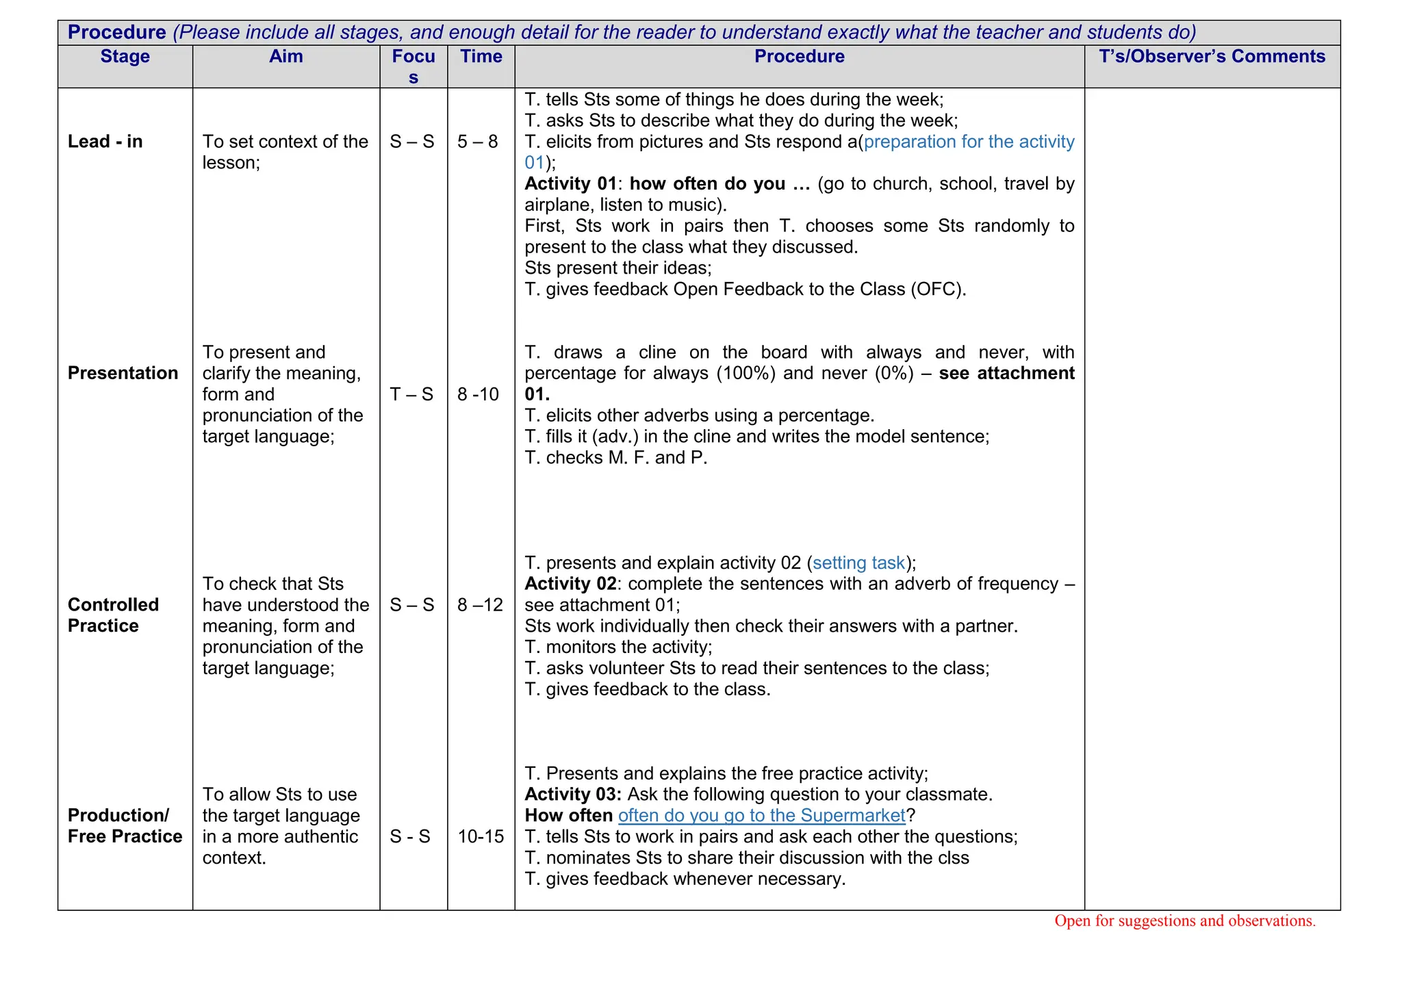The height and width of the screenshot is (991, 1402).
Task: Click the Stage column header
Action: click(x=125, y=57)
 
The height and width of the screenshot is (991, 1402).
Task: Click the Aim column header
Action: click(x=285, y=57)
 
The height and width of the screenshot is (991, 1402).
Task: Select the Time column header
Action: click(x=481, y=57)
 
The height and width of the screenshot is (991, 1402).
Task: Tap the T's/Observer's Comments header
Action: click(x=1212, y=57)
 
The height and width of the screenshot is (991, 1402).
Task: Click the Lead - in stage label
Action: click(x=105, y=142)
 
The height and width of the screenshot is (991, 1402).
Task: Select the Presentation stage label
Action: click(x=123, y=373)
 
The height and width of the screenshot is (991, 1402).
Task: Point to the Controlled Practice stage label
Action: click(x=113, y=615)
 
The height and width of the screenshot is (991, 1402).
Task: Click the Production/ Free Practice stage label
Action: click(x=125, y=826)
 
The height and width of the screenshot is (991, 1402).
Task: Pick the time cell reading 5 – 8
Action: click(x=477, y=142)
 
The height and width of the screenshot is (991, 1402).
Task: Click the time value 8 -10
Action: click(x=478, y=394)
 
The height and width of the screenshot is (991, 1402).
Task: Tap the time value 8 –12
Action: click(x=480, y=605)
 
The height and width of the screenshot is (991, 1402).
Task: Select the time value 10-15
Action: click(x=481, y=836)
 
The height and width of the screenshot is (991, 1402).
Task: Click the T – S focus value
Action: click(x=411, y=394)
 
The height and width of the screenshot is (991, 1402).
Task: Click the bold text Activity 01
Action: click(x=570, y=184)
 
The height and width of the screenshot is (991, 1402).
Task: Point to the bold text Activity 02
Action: click(x=570, y=584)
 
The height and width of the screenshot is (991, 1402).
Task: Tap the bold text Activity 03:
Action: click(x=573, y=795)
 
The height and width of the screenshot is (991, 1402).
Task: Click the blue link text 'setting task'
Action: click(x=858, y=563)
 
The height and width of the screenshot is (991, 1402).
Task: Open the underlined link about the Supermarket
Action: click(x=761, y=816)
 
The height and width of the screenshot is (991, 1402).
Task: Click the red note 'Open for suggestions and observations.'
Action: click(x=1184, y=921)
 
